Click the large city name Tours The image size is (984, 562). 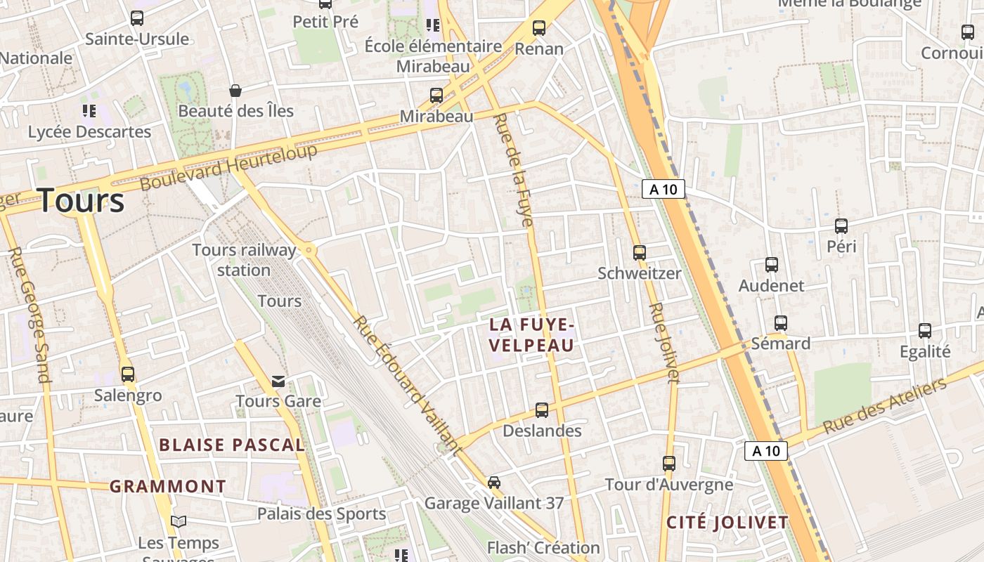[81, 200]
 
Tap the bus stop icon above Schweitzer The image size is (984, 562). [640, 252]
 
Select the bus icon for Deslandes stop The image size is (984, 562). [542, 410]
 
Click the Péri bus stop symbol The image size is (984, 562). [841, 226]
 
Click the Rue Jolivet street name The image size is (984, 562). [664, 342]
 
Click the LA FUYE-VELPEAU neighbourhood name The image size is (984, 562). [532, 334]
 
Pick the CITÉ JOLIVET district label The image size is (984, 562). [727, 523]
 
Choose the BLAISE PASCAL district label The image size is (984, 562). [232, 445]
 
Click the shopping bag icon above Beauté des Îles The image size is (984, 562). [235, 91]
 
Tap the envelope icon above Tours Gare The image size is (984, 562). [278, 381]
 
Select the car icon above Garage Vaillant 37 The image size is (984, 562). [494, 483]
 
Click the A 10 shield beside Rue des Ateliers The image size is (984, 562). [766, 451]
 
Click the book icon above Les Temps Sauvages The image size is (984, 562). [179, 521]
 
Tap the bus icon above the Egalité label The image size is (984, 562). [925, 331]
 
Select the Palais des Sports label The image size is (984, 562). [321, 514]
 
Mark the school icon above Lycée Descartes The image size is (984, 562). [89, 110]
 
